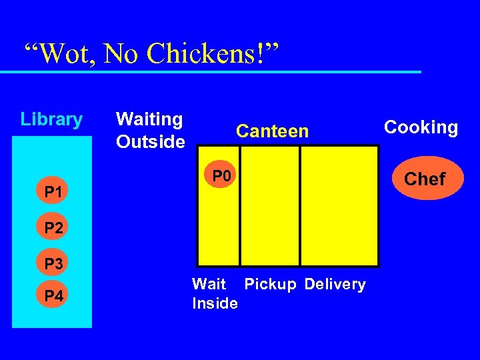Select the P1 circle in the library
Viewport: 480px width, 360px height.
coord(53,193)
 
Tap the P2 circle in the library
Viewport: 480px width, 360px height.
coord(53,228)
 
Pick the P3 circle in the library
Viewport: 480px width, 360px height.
coord(53,263)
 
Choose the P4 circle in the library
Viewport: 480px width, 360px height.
coord(53,296)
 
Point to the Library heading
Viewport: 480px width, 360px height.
coord(51,120)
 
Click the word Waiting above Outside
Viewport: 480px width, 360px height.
coord(149,119)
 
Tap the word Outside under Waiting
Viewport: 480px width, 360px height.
coord(150,142)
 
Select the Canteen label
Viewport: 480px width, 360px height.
coord(273,131)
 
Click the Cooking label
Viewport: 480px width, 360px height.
coord(421,127)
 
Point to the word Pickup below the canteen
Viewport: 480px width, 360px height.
coord(270,285)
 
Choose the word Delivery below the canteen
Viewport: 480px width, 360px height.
coord(335,285)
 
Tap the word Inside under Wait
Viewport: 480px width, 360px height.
coord(215,304)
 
